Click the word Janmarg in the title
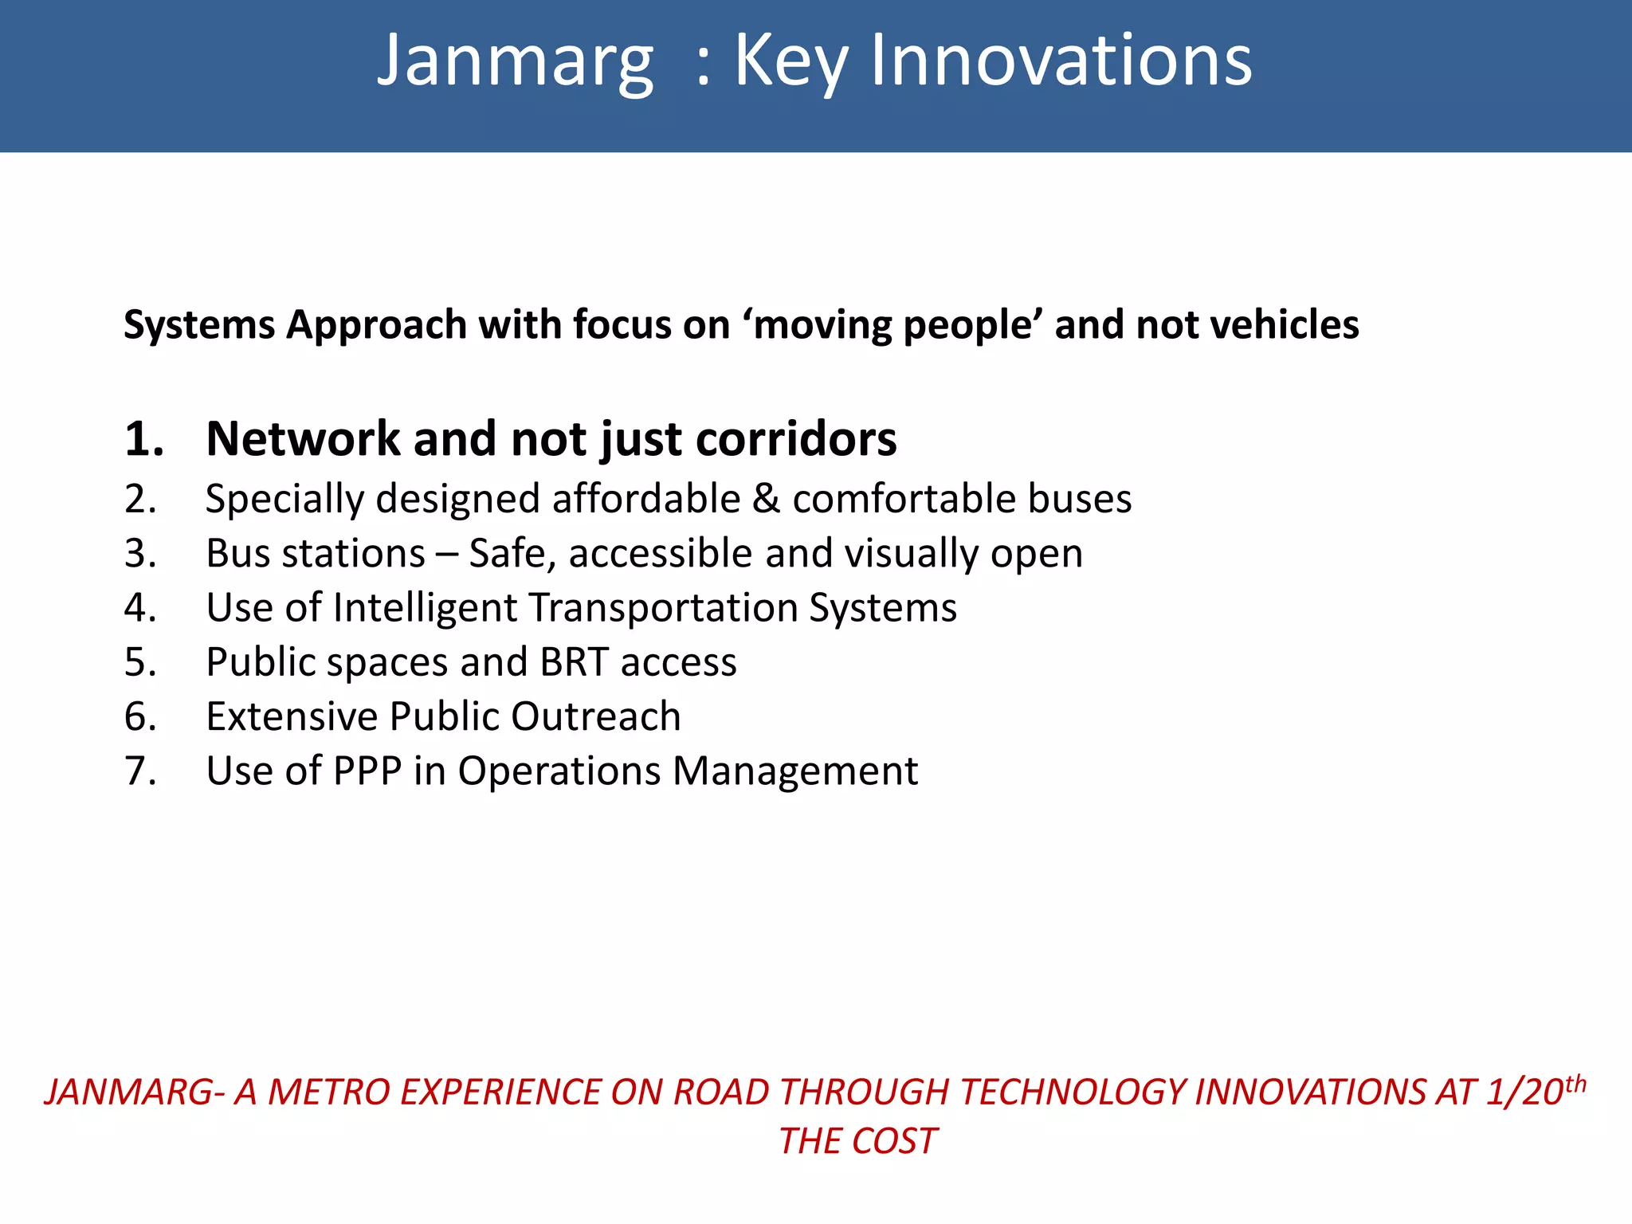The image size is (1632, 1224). pyautogui.click(x=515, y=62)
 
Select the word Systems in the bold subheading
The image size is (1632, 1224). pyautogui.click(x=199, y=325)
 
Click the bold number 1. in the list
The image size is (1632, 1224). pyautogui.click(x=144, y=439)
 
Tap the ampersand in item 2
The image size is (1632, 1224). pyautogui.click(x=766, y=500)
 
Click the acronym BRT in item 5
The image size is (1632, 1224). pyautogui.click(x=574, y=662)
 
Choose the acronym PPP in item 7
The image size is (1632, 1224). pyautogui.click(x=367, y=771)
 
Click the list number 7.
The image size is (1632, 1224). pyautogui.click(x=140, y=771)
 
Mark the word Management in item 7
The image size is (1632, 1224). pyautogui.click(x=794, y=771)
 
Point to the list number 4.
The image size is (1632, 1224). pyautogui.click(x=140, y=608)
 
